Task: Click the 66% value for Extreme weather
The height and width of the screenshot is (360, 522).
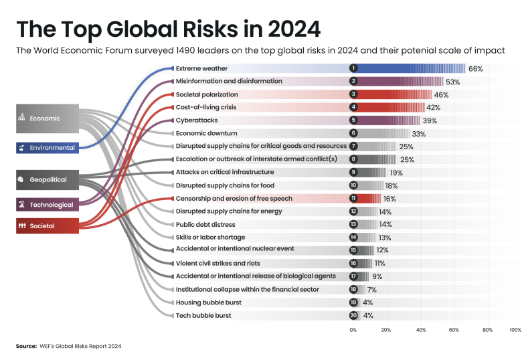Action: point(475,68)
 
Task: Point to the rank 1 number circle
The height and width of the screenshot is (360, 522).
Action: point(353,68)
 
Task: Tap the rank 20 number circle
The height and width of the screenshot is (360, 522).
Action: point(353,315)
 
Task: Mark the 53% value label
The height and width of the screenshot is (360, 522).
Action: point(452,82)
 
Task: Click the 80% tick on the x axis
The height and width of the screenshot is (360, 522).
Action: point(487,330)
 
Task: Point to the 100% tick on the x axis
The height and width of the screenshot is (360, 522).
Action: point(515,330)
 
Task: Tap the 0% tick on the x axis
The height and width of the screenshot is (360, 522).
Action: point(353,330)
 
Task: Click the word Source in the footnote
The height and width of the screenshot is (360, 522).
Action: point(27,346)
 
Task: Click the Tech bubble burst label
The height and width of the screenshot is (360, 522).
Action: point(203,315)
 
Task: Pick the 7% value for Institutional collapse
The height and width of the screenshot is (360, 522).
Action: point(372,289)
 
